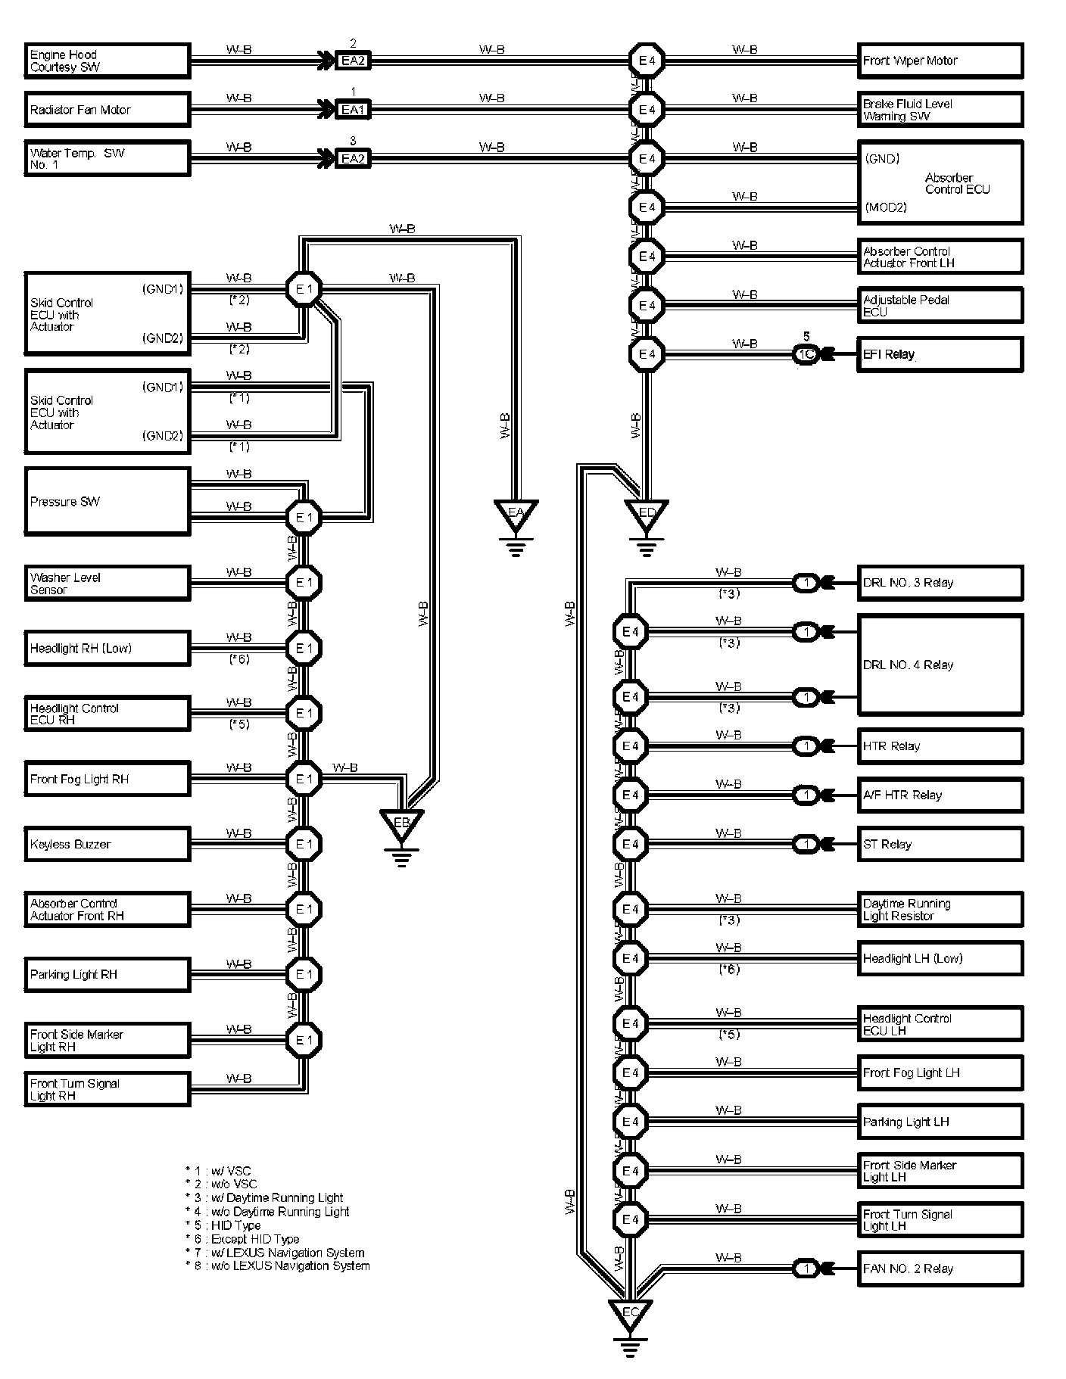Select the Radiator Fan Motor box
tap(107, 110)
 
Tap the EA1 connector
tap(353, 110)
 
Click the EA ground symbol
tap(516, 515)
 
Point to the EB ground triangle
tap(401, 823)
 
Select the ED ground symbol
tap(646, 515)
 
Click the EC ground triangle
tap(630, 1315)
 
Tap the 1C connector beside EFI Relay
tap(806, 354)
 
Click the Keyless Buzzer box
tap(107, 844)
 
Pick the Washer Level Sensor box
tap(107, 583)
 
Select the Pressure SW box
tap(107, 501)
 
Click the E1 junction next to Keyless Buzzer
tap(304, 844)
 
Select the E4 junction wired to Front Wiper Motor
tap(647, 61)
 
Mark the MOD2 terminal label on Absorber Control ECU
tap(885, 207)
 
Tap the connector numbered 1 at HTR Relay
tap(806, 746)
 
